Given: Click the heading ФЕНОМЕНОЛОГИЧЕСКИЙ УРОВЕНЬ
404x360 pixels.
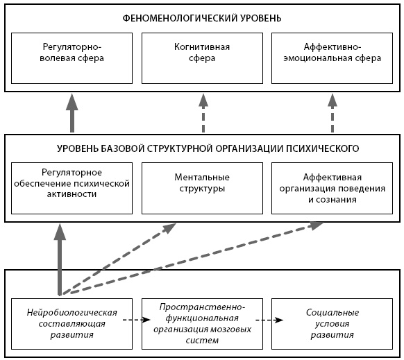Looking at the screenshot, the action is [202, 18].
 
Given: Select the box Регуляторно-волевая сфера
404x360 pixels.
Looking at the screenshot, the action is [72, 58].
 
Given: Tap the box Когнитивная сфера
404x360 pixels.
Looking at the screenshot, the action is [202, 58].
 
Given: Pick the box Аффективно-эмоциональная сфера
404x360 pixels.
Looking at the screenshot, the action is [332, 58].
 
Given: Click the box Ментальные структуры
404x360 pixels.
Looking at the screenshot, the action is [202, 188].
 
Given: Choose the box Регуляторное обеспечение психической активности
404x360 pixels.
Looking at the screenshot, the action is [72, 188].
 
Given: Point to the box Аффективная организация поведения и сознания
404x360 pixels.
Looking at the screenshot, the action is [332, 188].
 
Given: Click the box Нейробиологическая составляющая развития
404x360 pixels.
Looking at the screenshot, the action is [72, 324].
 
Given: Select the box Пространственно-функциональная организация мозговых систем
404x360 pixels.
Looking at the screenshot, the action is [202, 324].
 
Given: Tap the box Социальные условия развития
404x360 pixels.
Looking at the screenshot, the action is [332, 324].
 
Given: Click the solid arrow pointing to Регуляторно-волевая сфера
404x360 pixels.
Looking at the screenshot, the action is [72, 113].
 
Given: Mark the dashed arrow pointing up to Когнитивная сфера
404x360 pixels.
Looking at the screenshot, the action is [203, 113].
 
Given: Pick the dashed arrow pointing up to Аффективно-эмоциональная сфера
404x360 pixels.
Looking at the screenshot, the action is [333, 113].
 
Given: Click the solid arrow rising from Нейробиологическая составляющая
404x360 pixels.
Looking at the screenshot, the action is [60, 259].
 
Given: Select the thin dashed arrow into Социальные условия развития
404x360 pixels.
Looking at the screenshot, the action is [269, 320].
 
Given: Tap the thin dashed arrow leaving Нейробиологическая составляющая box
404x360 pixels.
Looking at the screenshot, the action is [136, 320].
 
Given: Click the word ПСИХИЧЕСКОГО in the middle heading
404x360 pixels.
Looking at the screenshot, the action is [323, 148].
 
